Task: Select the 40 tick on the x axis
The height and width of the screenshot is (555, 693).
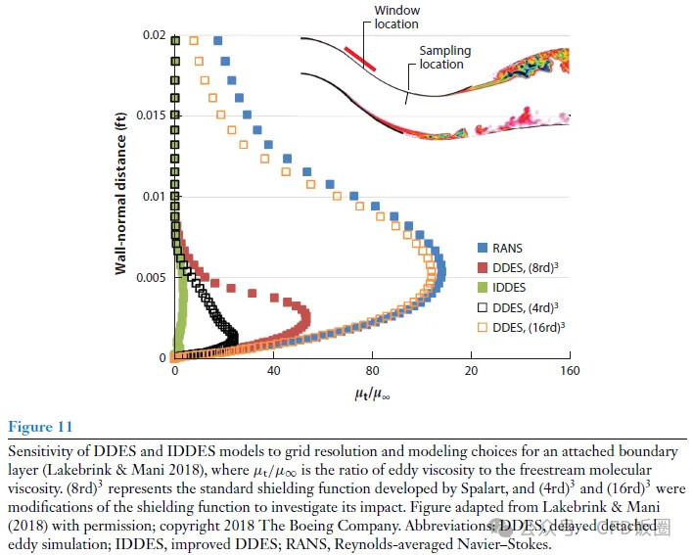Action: [273, 371]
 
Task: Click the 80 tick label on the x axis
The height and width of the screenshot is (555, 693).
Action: [372, 371]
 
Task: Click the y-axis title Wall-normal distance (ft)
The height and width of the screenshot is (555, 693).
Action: [120, 196]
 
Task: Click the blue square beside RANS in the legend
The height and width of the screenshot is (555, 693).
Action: [483, 249]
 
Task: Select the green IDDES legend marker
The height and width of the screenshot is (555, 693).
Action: [483, 288]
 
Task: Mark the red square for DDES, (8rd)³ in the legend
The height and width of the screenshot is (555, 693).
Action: [483, 268]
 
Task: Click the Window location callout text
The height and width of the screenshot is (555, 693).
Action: [397, 18]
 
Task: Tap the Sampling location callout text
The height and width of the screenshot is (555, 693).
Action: [444, 58]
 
